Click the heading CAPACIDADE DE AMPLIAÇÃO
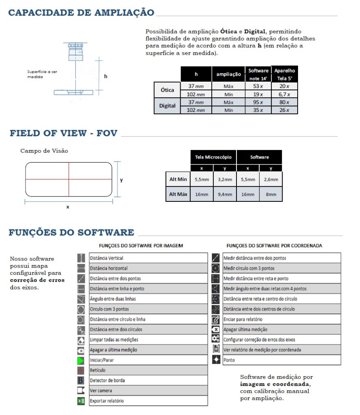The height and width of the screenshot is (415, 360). coord(81,13)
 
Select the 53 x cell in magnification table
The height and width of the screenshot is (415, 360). coord(258,86)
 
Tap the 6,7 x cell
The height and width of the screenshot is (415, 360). coord(284,94)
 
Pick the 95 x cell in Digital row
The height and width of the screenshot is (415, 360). coord(258,102)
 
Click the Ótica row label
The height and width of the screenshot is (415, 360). coord(167,90)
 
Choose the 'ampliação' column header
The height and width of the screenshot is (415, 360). coord(228,74)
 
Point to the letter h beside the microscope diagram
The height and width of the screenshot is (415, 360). coord(106,76)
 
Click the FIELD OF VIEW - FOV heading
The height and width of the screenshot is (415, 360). coord(64,133)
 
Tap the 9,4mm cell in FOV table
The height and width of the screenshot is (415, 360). coord(226,194)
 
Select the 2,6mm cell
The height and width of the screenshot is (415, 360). coord(271,179)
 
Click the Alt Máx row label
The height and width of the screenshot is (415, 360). coord(178,194)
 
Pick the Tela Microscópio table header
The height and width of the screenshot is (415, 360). coord(213,157)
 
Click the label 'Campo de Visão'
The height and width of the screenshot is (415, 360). coord(44,151)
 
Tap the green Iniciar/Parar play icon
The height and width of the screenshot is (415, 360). coord(81,360)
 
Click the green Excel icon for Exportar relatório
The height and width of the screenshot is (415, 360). coord(81,401)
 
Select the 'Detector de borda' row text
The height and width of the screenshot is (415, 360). coord(107,380)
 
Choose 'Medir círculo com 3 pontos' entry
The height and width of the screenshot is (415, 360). coord(249,268)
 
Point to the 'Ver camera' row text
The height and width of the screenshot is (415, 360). coord(101,390)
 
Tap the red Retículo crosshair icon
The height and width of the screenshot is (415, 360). coord(81,370)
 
